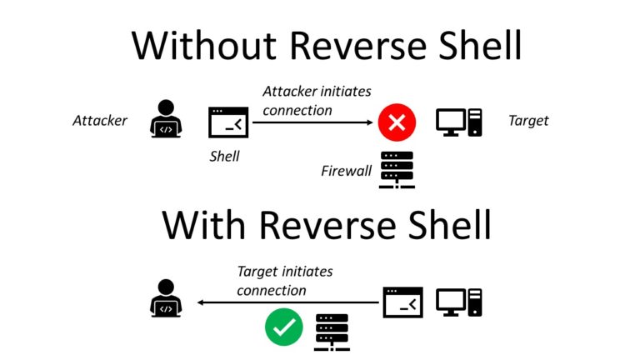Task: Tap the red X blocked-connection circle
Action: (x=397, y=123)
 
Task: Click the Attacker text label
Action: (x=100, y=121)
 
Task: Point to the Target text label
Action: (x=528, y=121)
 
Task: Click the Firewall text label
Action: (x=346, y=172)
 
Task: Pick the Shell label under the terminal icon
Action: (x=224, y=156)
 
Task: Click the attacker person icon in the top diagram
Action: (x=167, y=119)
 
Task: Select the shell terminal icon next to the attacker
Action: (x=227, y=122)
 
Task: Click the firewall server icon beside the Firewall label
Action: (x=397, y=170)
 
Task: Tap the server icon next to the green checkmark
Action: (x=332, y=332)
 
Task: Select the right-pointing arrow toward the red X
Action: (x=312, y=122)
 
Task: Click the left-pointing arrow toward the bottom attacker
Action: (x=283, y=304)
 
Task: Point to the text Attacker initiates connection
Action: (x=317, y=100)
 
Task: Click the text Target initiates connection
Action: (x=284, y=281)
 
